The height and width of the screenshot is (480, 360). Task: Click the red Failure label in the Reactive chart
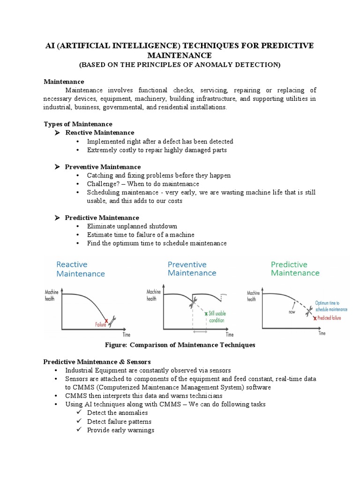(x=100, y=323)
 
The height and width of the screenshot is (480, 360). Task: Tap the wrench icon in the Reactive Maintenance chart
(x=113, y=321)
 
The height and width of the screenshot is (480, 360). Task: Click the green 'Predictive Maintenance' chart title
(x=295, y=269)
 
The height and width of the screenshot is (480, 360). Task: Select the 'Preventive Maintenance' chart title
(x=192, y=269)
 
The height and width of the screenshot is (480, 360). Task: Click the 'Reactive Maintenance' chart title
(x=81, y=269)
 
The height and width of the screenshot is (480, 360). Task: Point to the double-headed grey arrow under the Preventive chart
(x=200, y=331)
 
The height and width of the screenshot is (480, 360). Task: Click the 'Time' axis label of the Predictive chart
(x=322, y=333)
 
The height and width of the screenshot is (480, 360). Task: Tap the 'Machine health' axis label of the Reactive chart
(x=51, y=294)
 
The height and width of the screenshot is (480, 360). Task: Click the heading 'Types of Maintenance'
(x=78, y=124)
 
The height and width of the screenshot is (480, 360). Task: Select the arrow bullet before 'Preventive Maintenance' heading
(x=57, y=167)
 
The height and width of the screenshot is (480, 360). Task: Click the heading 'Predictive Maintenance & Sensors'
(x=97, y=362)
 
